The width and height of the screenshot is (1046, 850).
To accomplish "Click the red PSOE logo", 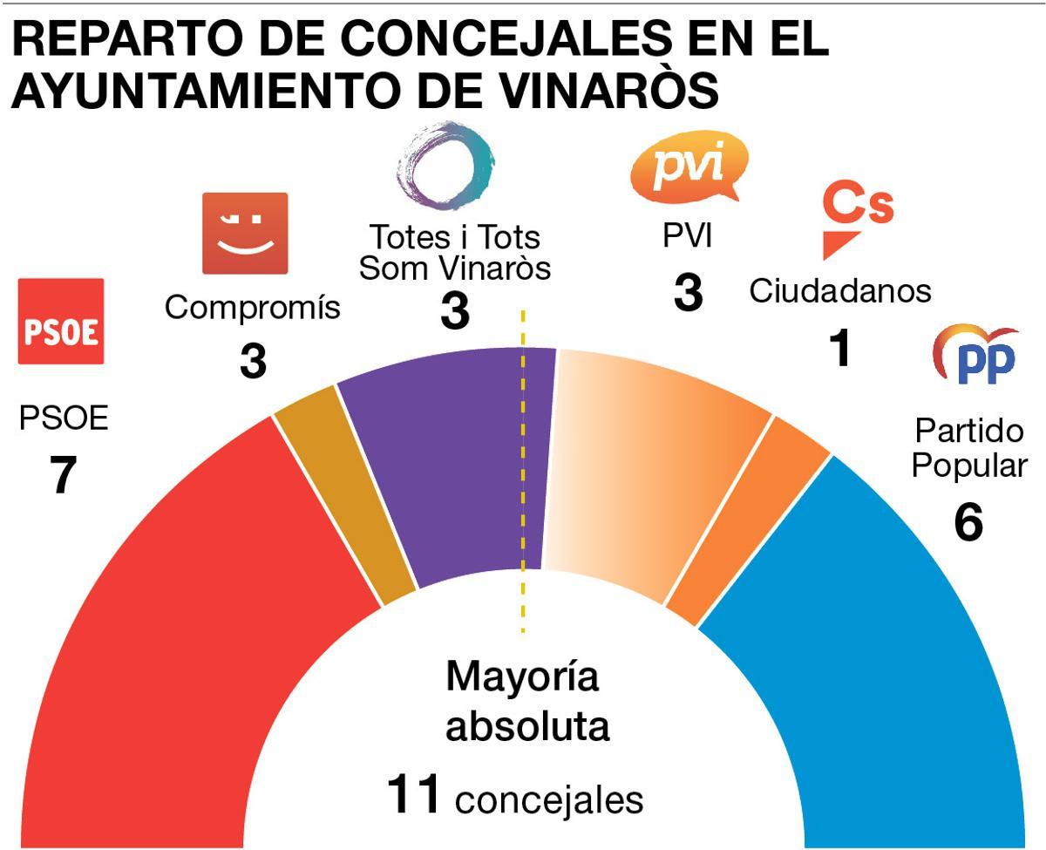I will click(61, 321).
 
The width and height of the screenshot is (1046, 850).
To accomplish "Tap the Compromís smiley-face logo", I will click(245, 233).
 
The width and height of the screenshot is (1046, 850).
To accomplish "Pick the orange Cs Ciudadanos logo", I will click(856, 218).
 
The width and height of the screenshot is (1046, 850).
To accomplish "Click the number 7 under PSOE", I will click(62, 476).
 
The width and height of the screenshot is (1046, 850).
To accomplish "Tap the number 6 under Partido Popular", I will click(968, 522).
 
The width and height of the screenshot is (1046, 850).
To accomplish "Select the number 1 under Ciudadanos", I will click(839, 349).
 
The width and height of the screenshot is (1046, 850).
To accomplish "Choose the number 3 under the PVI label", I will click(688, 293).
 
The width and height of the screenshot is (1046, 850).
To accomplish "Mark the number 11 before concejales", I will click(416, 795).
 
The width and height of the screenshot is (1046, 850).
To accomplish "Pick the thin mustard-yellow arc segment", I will click(344, 497).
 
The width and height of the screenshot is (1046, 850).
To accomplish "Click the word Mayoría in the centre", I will click(523, 677).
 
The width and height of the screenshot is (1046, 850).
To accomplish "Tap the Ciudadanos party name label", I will click(839, 291).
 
